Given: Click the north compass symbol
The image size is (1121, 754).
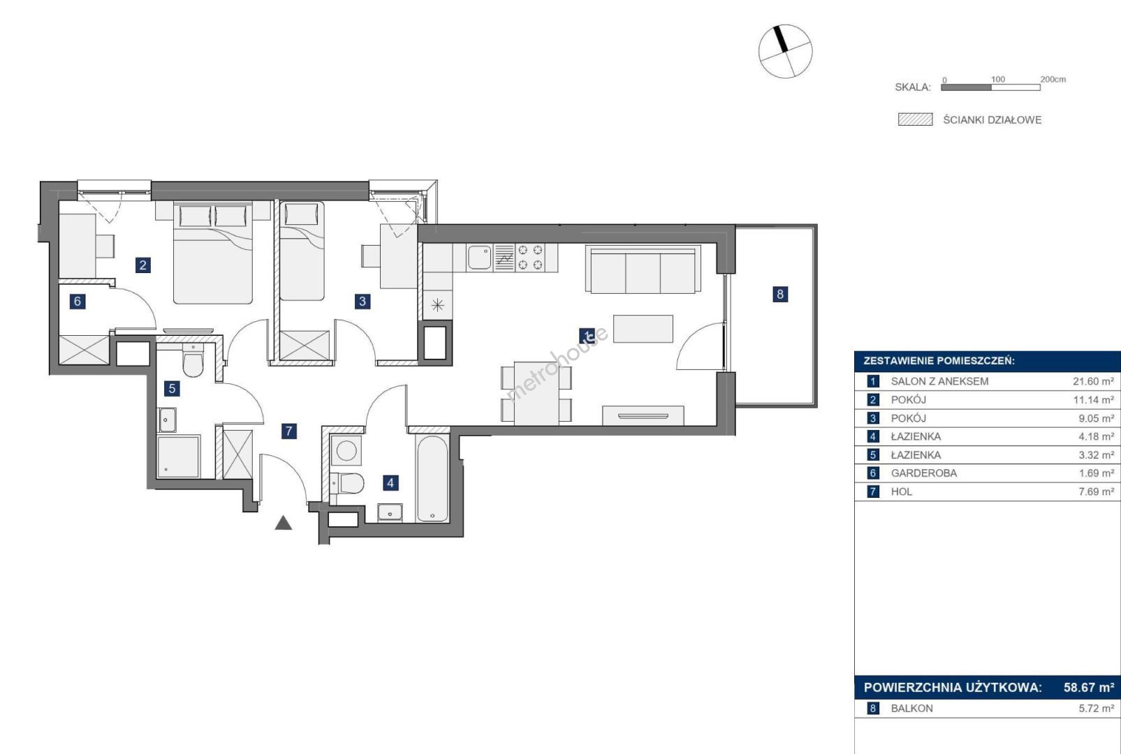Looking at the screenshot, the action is point(785,52).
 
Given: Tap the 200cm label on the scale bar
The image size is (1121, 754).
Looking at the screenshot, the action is point(1053,79).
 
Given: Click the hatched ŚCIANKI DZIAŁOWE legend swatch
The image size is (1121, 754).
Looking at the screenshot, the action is point(916,119).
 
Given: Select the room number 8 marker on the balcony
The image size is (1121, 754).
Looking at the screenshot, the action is point(779,294).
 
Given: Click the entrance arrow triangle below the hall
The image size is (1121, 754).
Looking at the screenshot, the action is point(284,523).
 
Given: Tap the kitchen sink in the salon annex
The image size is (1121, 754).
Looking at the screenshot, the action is point(479,257).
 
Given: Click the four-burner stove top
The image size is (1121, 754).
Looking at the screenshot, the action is point(530,257).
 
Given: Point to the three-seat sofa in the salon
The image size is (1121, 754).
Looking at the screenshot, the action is point(643,269).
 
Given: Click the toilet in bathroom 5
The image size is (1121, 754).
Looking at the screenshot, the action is point(193,360).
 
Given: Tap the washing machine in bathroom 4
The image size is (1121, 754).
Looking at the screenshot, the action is point(346,450).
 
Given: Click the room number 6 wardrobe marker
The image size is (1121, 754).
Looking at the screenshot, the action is point(77,301).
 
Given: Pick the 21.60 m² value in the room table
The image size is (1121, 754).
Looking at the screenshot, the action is point(1093,381).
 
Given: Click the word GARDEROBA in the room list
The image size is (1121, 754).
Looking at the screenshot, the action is point(923,473).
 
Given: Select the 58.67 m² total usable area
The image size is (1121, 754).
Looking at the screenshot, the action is point(1088,687).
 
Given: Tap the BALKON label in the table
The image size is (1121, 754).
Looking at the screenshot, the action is point(911,708).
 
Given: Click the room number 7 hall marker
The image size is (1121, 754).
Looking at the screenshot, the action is point(288,431).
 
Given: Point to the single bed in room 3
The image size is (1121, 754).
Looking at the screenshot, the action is point(302,251).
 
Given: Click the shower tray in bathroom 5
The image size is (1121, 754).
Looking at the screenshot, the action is point(179,457).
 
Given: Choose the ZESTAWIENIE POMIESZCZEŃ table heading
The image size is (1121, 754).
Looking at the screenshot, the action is point(939,361).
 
